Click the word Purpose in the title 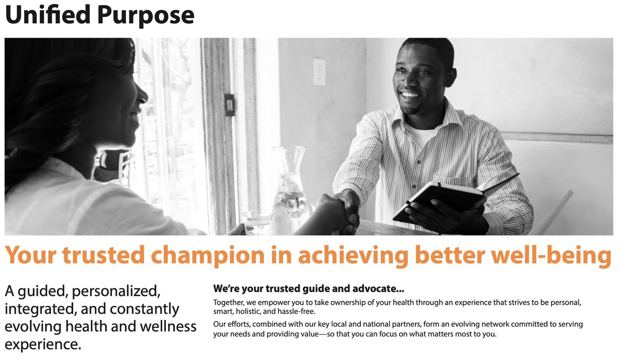pyautogui.click(x=146, y=16)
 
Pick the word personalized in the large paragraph pyautogui.click(x=116, y=291)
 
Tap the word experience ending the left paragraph pyautogui.click(x=43, y=344)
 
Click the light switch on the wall pyautogui.click(x=319, y=72)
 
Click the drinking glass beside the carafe pyautogui.click(x=257, y=222)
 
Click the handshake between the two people pyautogui.click(x=343, y=211)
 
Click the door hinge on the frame pyautogui.click(x=230, y=105)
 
